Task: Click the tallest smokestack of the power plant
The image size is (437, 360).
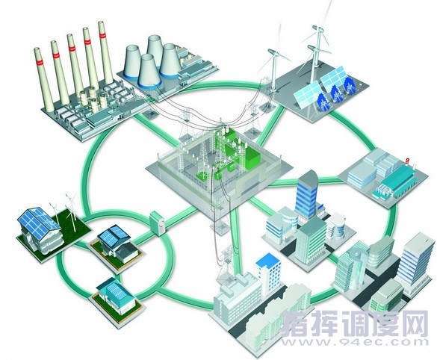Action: point(105,53)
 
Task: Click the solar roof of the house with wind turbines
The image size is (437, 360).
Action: point(38,222)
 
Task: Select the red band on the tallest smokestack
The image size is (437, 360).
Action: point(102,34)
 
